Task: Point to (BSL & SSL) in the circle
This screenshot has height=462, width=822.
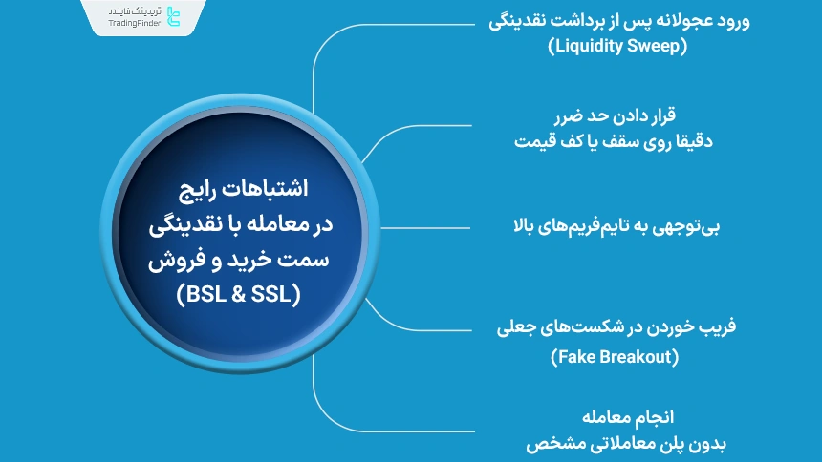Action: pyautogui.click(x=238, y=295)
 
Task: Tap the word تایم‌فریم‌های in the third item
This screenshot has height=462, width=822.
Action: pyautogui.click(x=597, y=226)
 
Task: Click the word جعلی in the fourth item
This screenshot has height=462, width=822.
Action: pyautogui.click(x=516, y=329)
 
